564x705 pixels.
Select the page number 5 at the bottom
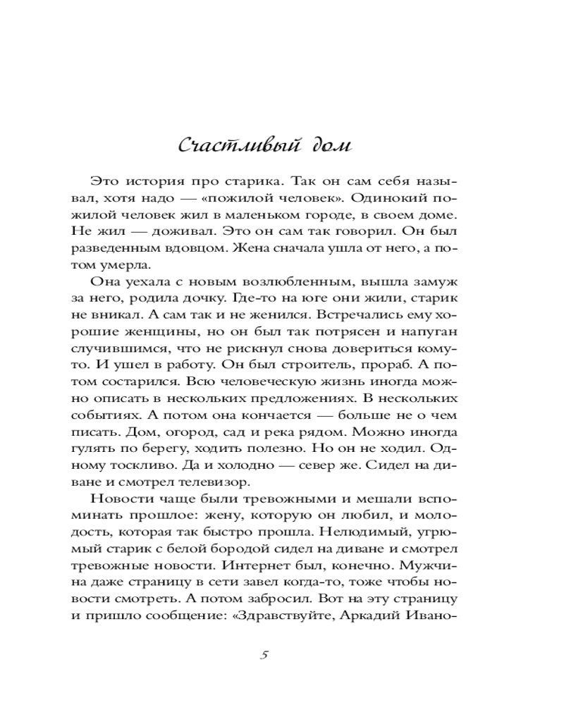[x=264, y=654]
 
